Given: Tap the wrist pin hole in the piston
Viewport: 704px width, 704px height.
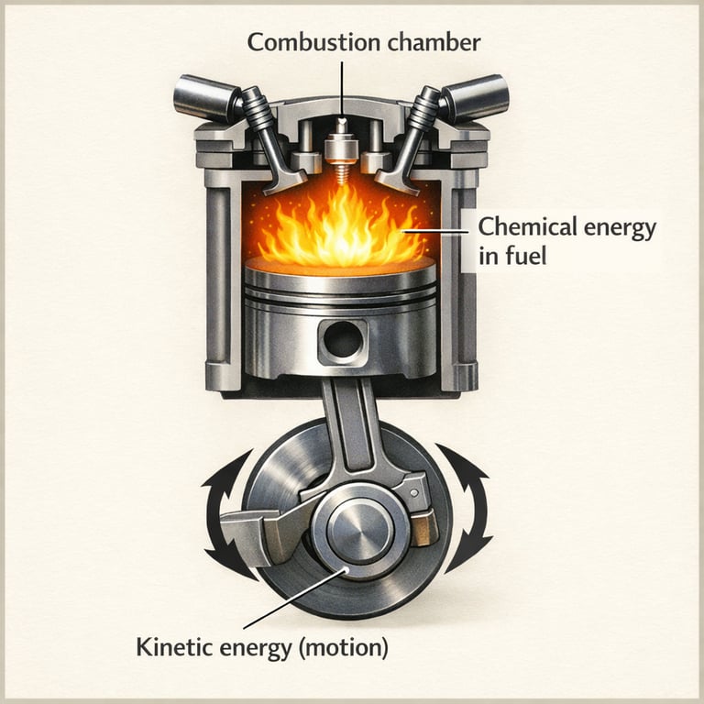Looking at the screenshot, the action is point(342,341).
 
